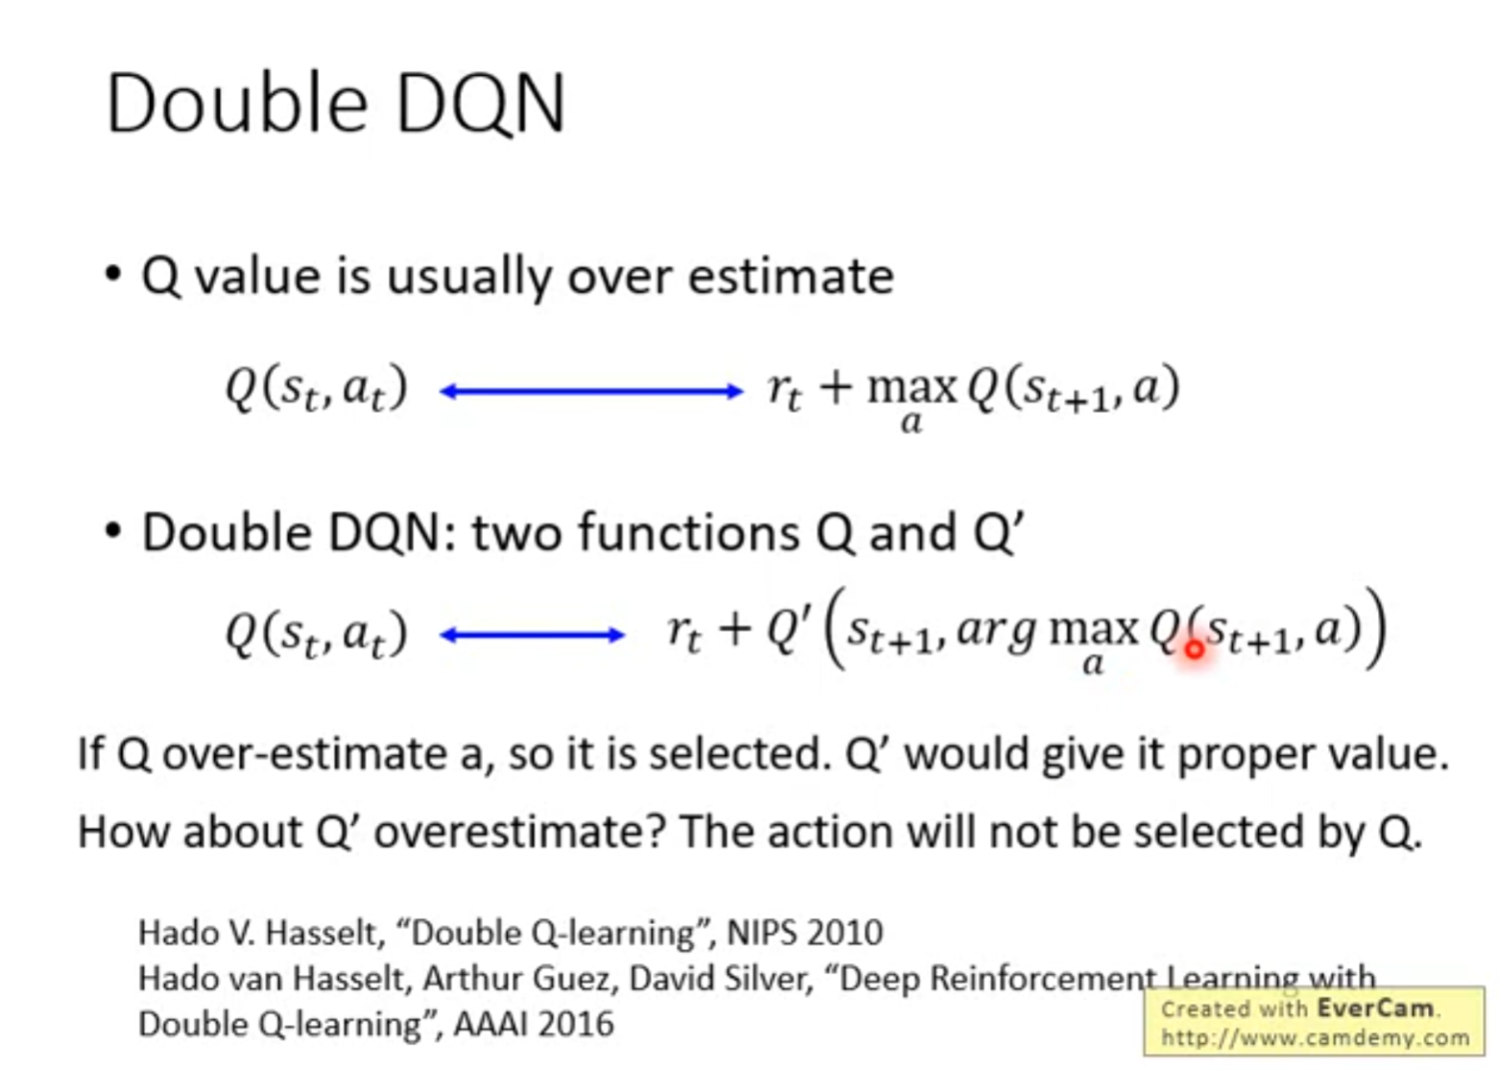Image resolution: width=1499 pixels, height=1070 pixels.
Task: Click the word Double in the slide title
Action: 236,103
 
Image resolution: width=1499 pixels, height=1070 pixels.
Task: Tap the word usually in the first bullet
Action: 470,278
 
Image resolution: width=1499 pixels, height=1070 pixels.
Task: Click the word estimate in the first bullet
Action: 791,277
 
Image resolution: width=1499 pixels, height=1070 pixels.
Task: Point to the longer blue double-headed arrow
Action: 591,391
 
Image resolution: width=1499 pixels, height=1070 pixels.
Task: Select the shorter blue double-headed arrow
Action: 532,635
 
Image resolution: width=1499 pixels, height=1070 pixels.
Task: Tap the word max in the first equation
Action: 912,387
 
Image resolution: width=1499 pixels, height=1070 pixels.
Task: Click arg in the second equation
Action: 998,632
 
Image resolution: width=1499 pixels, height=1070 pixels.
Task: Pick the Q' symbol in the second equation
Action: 789,629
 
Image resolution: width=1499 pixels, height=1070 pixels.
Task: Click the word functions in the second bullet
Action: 689,533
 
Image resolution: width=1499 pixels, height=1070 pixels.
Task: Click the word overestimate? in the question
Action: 520,832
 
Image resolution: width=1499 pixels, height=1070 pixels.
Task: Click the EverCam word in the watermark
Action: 1376,1009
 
